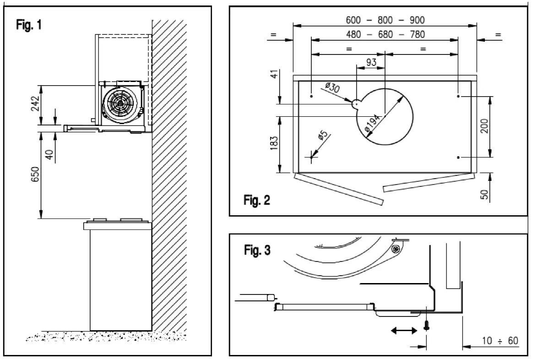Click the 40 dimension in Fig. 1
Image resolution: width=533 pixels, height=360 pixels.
[50, 151]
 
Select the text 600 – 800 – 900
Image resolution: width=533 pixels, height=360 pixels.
[385, 20]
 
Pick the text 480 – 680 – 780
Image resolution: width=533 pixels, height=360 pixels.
[385, 34]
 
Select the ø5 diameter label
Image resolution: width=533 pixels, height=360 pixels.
[322, 136]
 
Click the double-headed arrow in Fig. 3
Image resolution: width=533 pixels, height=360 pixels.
[404, 330]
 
